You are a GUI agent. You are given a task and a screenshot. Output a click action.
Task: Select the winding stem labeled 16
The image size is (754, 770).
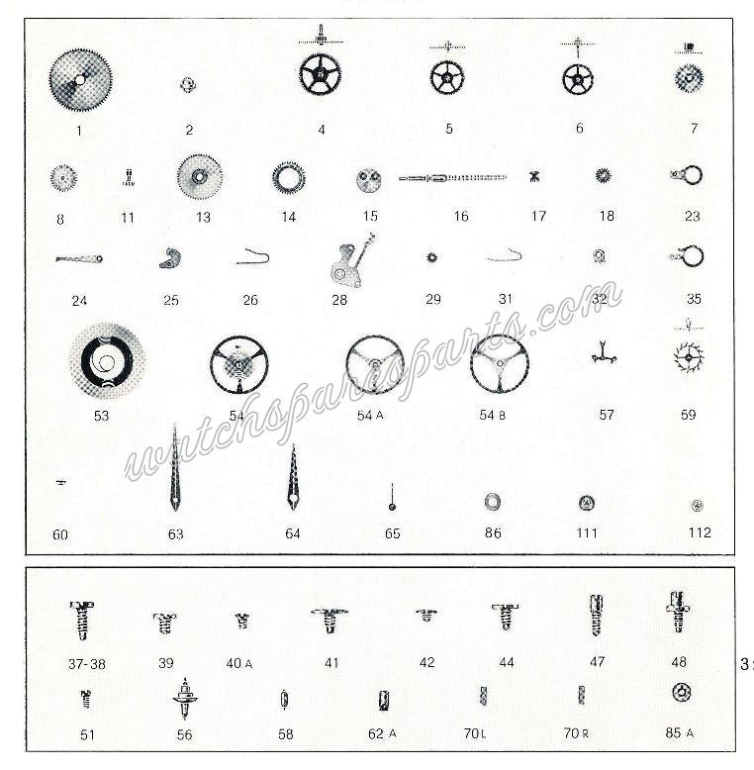451,178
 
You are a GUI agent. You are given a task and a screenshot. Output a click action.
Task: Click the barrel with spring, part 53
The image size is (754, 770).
106,360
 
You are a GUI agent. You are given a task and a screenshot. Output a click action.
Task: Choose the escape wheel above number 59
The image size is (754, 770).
687,357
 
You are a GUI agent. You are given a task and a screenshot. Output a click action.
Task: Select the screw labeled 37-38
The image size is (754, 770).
82,621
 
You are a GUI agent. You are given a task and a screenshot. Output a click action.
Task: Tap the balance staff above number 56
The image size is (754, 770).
184,702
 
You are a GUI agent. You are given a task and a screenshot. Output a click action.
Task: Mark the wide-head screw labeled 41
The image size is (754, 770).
329,621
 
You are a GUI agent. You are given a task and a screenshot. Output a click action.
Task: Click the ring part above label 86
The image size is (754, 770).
492,502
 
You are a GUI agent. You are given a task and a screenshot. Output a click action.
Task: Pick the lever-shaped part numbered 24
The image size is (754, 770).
79,259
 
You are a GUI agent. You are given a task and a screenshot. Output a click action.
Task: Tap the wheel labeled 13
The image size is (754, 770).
200,178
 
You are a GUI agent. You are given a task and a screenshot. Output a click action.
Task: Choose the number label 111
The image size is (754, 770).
587,533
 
